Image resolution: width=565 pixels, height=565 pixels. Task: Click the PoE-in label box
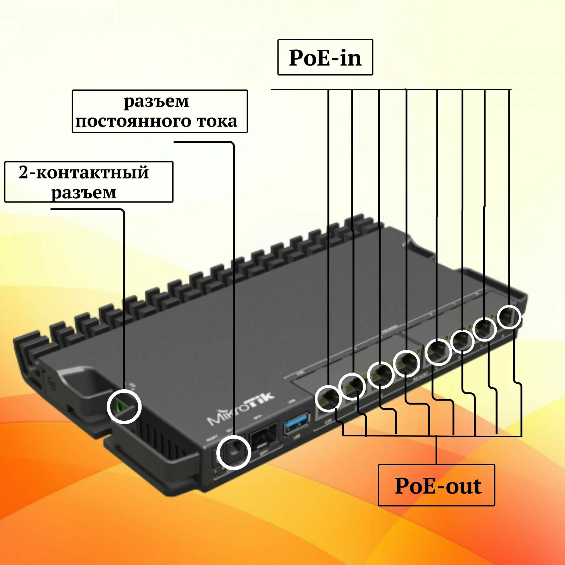click(325, 57)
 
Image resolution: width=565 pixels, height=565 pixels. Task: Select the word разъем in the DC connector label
click(157, 102)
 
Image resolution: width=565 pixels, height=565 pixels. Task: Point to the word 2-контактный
click(84, 173)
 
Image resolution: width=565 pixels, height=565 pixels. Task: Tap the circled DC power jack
click(234, 452)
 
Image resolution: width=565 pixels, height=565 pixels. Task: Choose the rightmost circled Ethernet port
click(509, 317)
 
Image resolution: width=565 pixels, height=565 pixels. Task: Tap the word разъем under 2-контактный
click(84, 192)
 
